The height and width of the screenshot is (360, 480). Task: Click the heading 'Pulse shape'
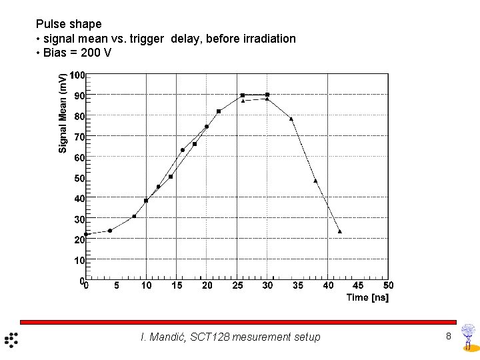pos(68,24)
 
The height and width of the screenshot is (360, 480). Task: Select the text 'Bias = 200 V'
pos(77,53)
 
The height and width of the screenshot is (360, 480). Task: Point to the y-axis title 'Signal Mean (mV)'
pos(63,113)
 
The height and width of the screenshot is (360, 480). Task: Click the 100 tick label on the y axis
pos(78,75)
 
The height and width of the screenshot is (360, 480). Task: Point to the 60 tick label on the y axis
pos(79,158)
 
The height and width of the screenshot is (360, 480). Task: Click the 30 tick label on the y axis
pos(79,219)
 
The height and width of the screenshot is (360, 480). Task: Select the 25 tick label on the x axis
pos(238,285)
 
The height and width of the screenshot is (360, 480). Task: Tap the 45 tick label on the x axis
pos(359,285)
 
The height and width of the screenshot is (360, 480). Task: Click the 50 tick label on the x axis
pos(389,285)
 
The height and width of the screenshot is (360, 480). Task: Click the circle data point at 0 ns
pos(85,235)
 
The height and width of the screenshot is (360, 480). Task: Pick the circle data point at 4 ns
pos(110,231)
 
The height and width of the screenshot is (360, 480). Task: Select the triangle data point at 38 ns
pos(315,181)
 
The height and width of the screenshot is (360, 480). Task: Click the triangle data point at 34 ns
pos(291,119)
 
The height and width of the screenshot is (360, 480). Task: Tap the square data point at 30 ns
pos(267,95)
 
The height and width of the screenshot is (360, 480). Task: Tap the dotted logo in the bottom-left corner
pos(11,339)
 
